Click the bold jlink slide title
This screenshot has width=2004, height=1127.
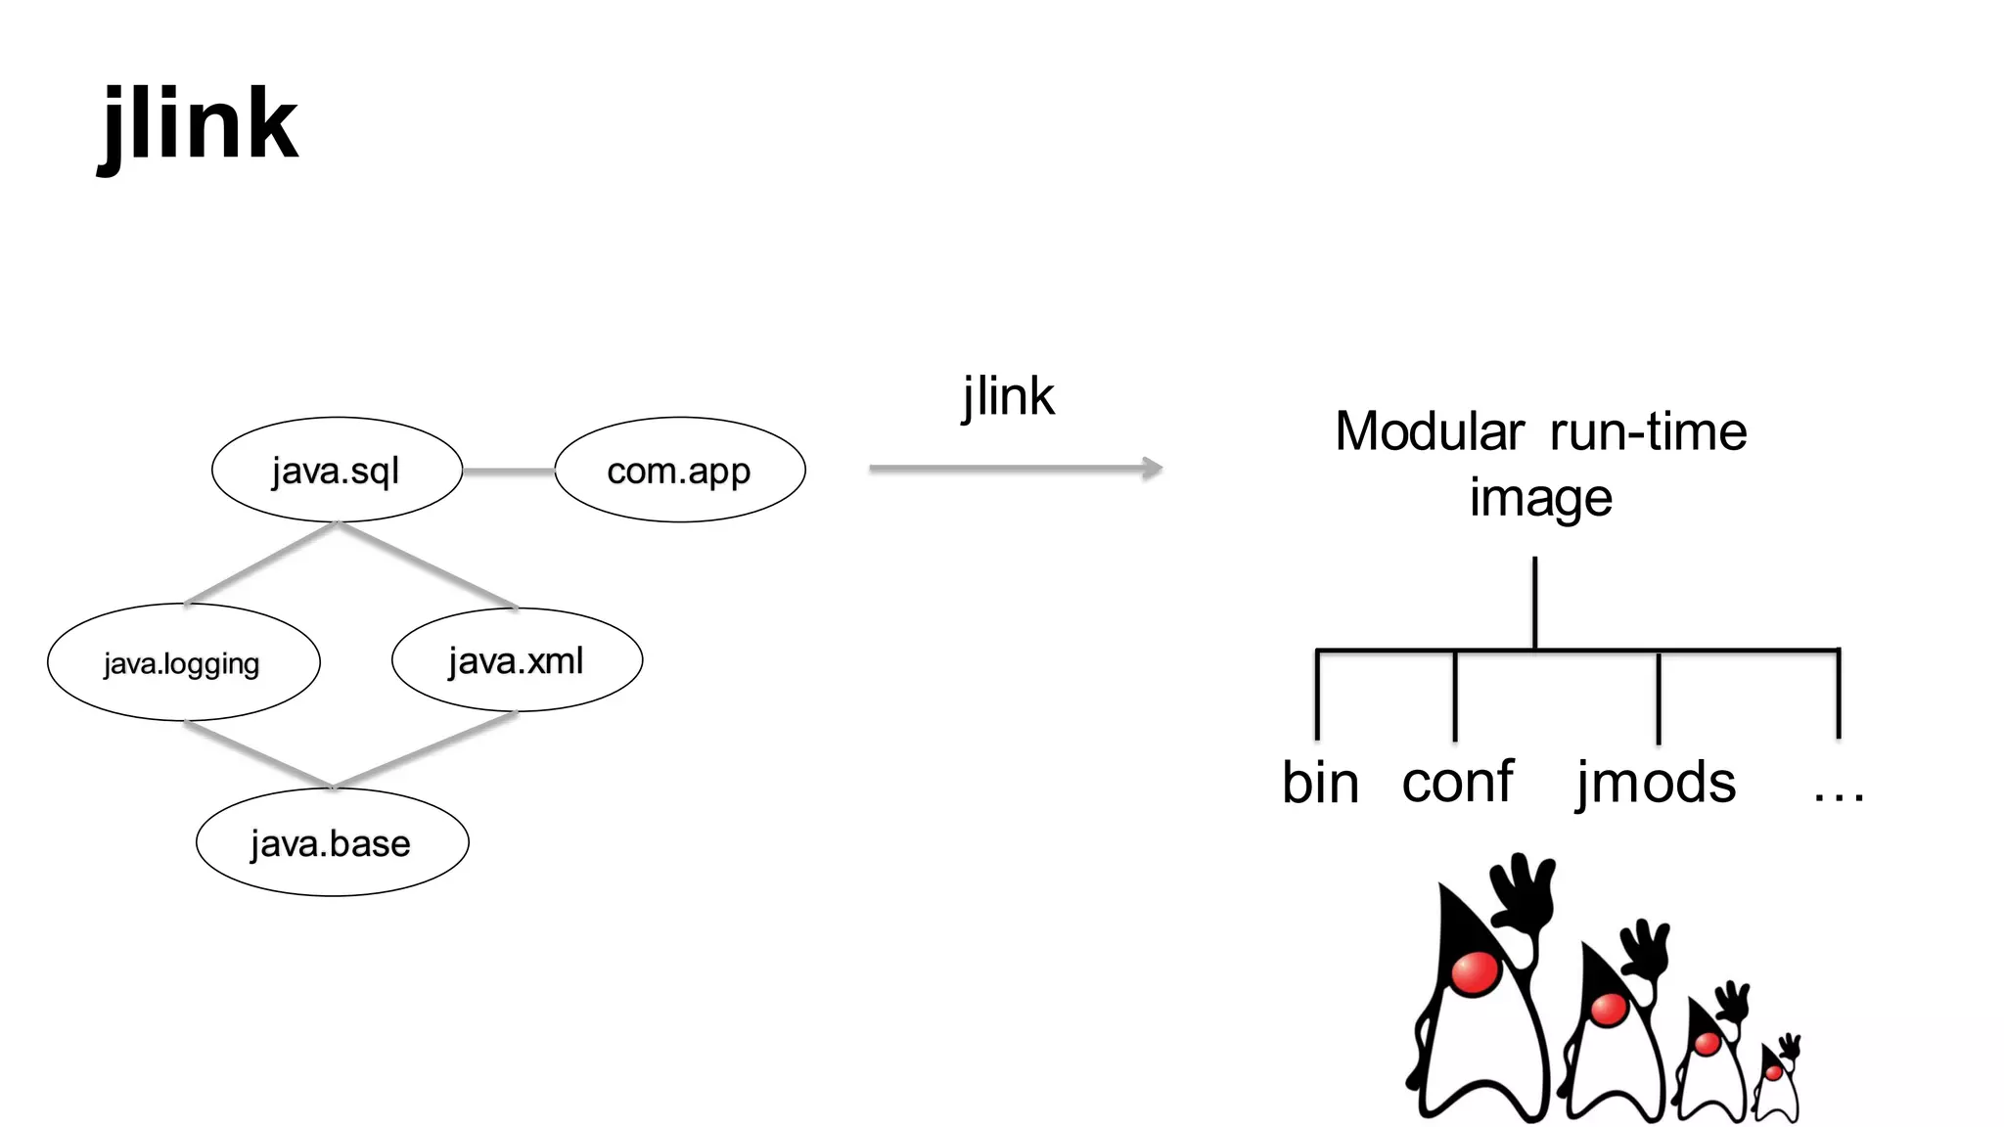coord(199,125)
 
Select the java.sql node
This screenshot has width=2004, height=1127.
coord(337,471)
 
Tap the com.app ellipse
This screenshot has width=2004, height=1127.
coord(679,471)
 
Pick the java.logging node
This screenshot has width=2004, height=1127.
coord(183,663)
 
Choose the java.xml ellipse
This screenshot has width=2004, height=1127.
coord(517,661)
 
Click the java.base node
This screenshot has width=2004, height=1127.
coord(332,843)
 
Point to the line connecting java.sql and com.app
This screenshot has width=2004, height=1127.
coord(508,472)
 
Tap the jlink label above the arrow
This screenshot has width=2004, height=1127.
coord(1008,397)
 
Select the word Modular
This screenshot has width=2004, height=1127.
coord(1429,431)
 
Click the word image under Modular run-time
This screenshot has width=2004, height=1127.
coord(1540,498)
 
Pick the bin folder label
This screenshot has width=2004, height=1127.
coord(1320,784)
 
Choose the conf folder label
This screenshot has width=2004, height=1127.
coord(1457,782)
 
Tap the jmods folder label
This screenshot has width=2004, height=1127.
coord(1656,784)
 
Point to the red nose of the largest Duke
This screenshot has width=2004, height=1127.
coord(1475,972)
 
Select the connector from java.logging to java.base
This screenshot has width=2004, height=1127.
coord(257,754)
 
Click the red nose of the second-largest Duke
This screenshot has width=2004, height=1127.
coord(1609,1008)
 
